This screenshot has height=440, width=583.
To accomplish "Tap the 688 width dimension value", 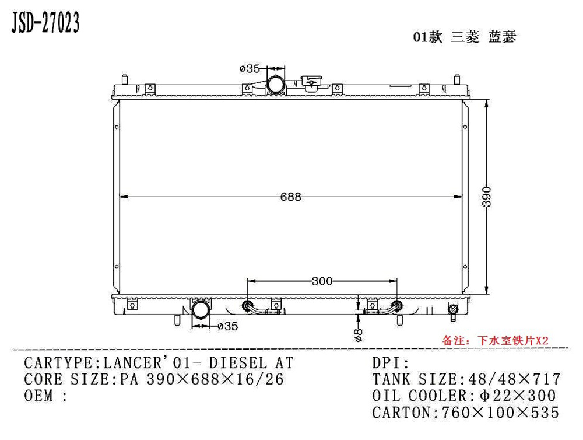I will click(x=290, y=197).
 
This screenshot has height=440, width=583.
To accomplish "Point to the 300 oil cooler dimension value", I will click(x=322, y=281).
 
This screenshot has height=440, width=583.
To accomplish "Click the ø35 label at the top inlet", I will click(x=250, y=69).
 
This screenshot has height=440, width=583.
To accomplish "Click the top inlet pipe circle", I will click(x=276, y=85).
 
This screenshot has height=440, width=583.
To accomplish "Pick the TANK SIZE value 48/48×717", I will click(x=511, y=379).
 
